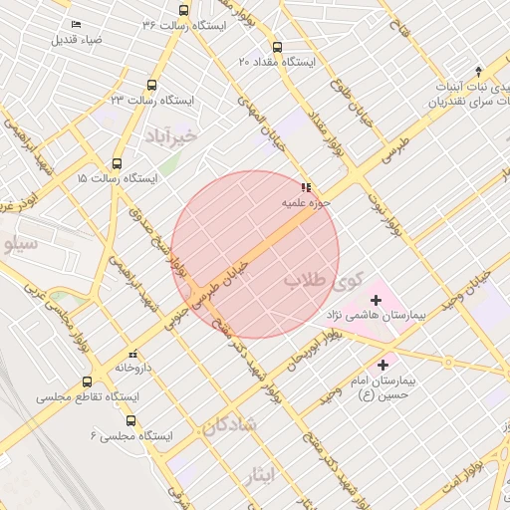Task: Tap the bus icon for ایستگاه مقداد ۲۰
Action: click(276, 46)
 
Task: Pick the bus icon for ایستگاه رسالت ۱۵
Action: click(118, 164)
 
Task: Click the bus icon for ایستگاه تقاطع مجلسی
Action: click(88, 382)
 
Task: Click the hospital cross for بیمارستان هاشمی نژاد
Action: click(375, 300)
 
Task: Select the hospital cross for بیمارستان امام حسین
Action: click(382, 366)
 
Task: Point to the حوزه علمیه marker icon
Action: click(305, 186)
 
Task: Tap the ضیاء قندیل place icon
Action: click(77, 25)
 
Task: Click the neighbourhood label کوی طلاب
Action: click(325, 280)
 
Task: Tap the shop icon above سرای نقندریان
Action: click(478, 71)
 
